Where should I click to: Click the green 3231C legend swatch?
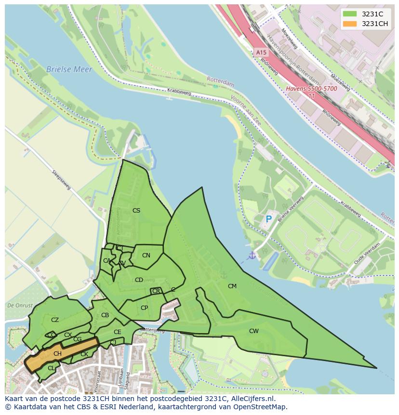(x=349, y=14)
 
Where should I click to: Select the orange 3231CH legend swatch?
(x=349, y=24)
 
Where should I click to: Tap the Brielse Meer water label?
(x=69, y=69)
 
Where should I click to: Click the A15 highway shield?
(x=261, y=52)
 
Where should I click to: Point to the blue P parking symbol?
(x=269, y=219)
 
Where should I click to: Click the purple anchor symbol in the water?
(x=252, y=255)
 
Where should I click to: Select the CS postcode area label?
(x=136, y=210)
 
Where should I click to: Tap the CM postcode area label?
(x=232, y=286)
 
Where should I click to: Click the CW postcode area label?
(x=253, y=331)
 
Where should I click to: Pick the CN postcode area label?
(x=146, y=255)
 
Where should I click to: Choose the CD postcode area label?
(x=139, y=280)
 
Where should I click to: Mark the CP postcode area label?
(x=144, y=308)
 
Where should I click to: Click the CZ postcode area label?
(x=55, y=320)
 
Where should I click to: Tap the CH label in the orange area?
(x=57, y=354)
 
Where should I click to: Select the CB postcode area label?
(x=105, y=315)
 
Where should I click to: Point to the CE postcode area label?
(x=118, y=332)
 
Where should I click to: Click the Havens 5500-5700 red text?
(x=311, y=89)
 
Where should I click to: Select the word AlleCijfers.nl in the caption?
(x=251, y=399)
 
